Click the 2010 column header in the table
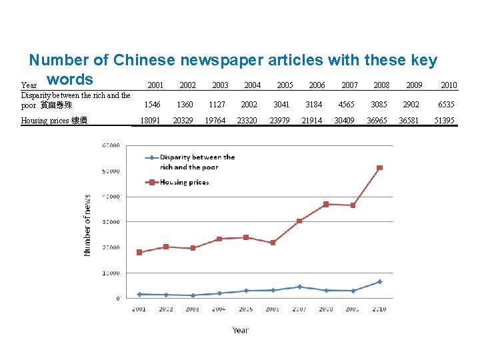449,85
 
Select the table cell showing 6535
446,105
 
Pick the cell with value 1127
217,105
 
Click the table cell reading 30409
345,121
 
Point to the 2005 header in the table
285,85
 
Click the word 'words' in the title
69,79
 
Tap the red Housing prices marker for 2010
379,167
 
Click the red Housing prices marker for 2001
139,252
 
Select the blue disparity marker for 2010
379,281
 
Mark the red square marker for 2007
299,221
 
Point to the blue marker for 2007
299,287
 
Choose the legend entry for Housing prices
184,182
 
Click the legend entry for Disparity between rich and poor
197,162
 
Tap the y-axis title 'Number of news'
87,225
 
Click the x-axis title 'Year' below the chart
240,330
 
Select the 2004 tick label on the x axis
219,309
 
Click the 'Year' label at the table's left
29,85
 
